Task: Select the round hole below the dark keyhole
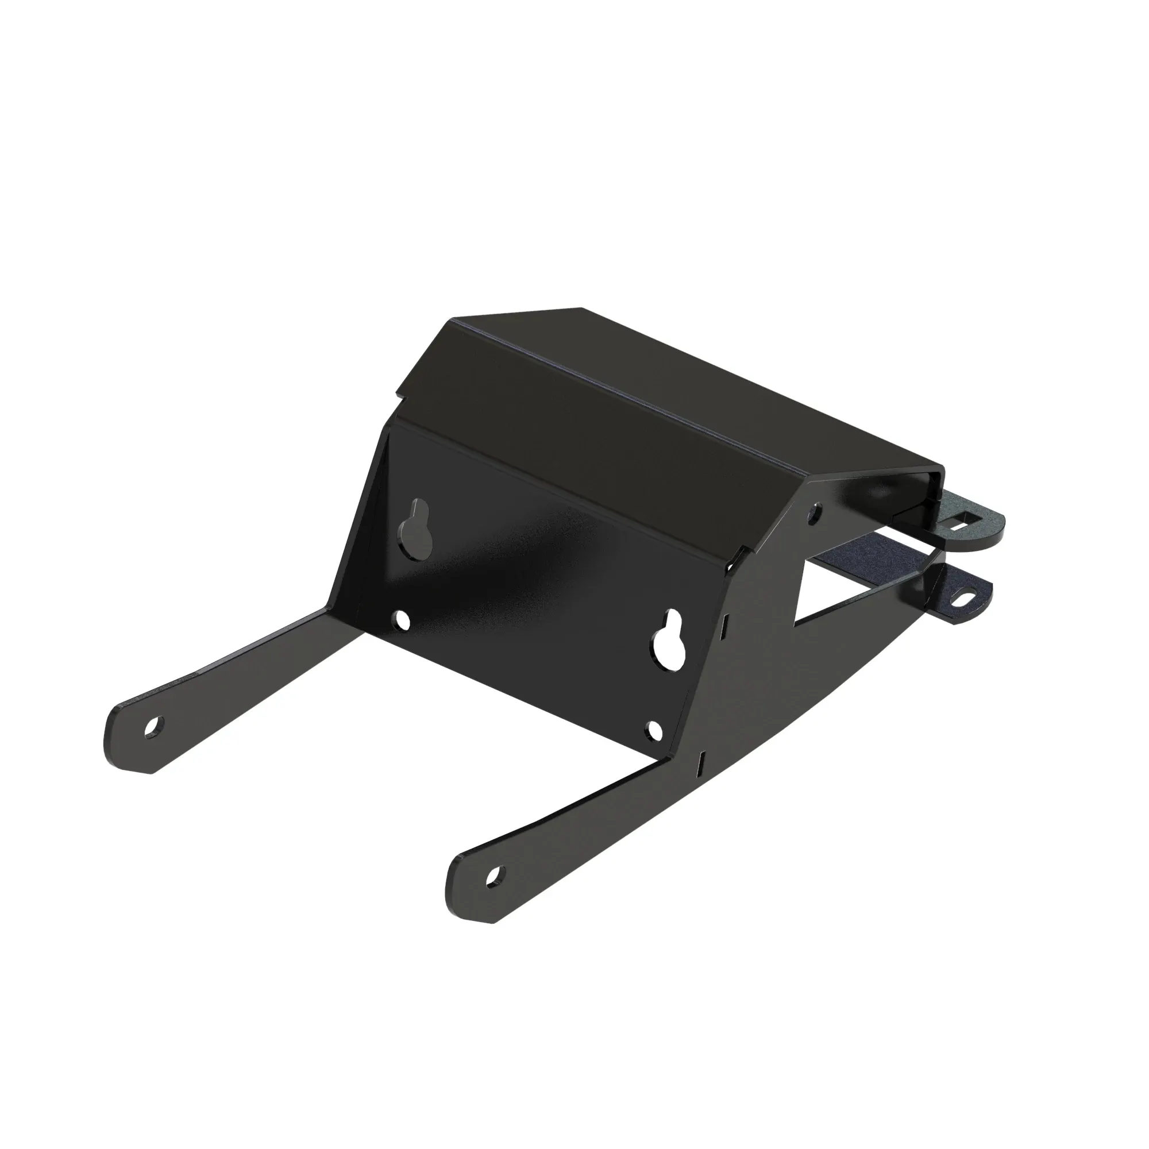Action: pyautogui.click(x=403, y=620)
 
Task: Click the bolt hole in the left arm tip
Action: pyautogui.click(x=153, y=727)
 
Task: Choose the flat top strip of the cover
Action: pyautogui.click(x=654, y=381)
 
